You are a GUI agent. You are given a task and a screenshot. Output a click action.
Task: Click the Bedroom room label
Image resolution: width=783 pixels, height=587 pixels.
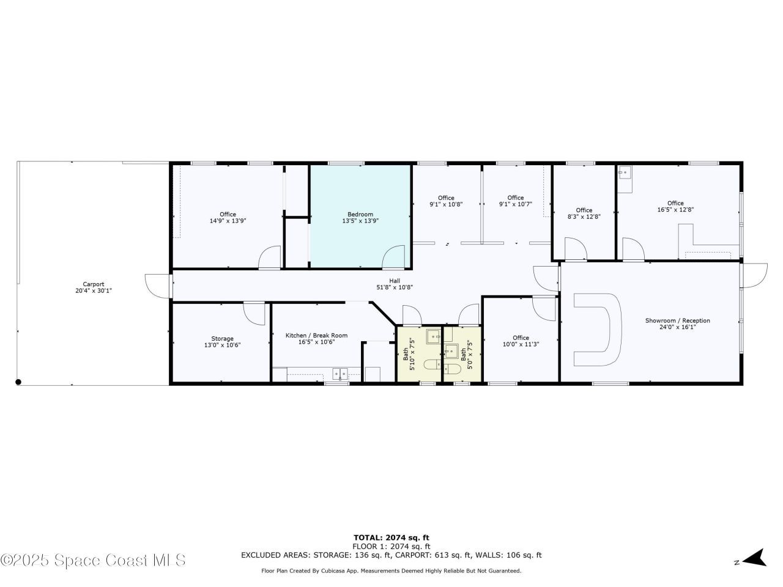point(360,214)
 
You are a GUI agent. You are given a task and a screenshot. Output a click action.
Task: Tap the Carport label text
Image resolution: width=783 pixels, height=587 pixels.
point(94,284)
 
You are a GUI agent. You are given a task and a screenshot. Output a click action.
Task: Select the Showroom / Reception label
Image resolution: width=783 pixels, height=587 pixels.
point(677,320)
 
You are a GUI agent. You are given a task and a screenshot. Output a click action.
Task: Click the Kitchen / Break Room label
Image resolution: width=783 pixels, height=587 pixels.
point(316,335)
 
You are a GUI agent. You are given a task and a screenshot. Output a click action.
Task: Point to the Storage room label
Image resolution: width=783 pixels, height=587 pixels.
point(222,339)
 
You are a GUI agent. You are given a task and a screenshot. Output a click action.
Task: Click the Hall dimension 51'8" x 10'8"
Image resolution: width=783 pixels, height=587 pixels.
point(395,287)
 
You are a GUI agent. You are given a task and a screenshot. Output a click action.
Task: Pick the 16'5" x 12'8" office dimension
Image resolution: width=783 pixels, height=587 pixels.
point(675,210)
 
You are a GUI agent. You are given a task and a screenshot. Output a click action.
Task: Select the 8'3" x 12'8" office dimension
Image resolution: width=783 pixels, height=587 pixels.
point(584,216)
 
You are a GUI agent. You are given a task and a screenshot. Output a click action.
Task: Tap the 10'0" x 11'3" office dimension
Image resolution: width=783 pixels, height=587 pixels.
point(521,344)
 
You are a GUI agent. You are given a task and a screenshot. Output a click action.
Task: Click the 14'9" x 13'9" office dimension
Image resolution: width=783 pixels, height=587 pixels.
point(228,221)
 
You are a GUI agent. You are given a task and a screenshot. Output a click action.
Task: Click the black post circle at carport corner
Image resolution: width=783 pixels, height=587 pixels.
point(18,382)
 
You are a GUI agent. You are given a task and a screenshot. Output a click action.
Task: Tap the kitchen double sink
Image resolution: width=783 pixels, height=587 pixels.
point(340,374)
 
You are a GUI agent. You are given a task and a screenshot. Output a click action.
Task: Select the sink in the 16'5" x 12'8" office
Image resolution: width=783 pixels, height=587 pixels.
point(625,173)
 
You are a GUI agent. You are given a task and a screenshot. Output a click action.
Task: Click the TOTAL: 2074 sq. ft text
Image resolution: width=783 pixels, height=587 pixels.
point(391,537)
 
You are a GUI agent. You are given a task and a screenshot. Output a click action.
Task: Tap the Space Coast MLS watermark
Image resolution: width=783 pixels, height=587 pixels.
point(93,560)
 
